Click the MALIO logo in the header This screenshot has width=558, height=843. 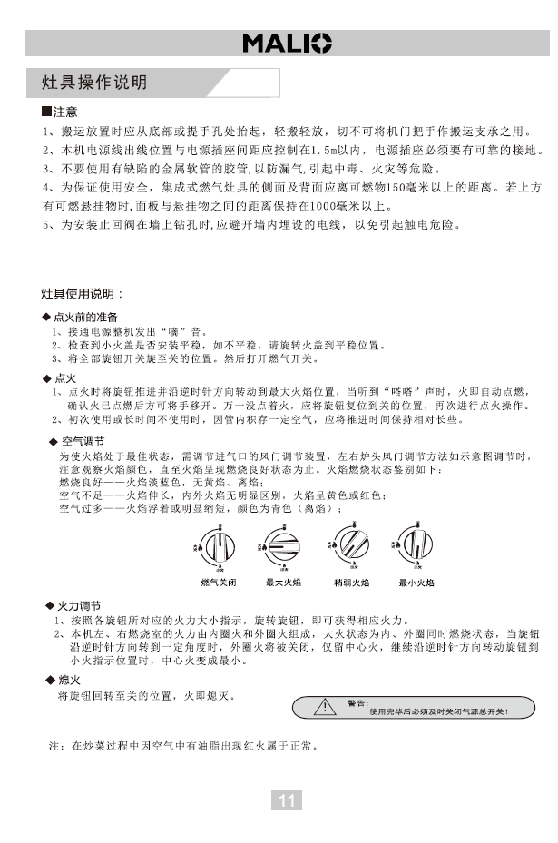(x=286, y=43)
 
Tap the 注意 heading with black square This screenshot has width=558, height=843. (x=60, y=113)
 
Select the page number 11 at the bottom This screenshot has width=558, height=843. (x=287, y=799)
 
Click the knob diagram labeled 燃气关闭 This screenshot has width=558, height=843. (x=216, y=547)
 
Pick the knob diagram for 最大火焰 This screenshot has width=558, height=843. (x=282, y=547)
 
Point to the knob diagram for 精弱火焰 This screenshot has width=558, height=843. (x=349, y=547)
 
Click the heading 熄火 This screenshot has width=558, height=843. (x=68, y=680)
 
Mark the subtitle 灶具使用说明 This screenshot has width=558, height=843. (x=82, y=294)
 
